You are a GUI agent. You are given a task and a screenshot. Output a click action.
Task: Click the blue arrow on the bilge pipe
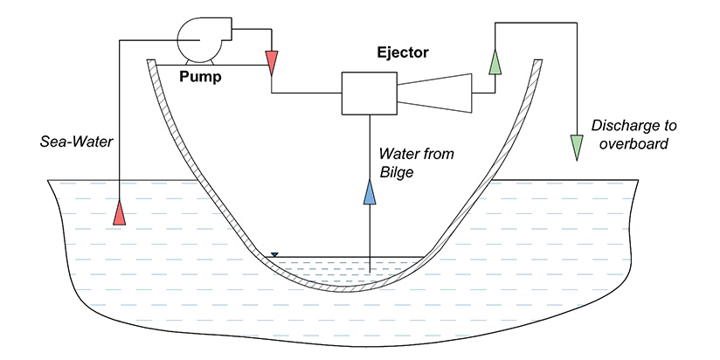[370, 191]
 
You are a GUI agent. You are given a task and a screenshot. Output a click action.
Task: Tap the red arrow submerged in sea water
[120, 211]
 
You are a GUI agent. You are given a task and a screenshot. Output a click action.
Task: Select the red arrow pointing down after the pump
[272, 61]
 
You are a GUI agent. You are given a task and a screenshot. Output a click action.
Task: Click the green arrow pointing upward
[495, 61]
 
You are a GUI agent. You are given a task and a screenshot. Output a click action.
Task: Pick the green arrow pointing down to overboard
[576, 146]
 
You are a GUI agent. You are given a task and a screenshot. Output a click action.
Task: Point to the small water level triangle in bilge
[274, 255]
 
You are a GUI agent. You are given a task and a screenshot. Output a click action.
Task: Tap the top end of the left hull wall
[152, 63]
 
